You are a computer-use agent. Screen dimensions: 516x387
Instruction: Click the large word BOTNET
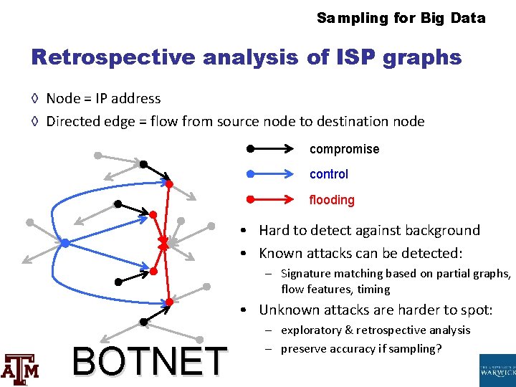coord(149,360)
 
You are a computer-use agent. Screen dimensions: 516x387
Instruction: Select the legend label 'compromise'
coord(344,150)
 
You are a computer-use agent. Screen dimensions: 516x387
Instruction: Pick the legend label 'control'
coord(328,174)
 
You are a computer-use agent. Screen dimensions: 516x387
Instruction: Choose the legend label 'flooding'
coord(331,200)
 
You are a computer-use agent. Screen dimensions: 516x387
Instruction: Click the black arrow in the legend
coord(271,150)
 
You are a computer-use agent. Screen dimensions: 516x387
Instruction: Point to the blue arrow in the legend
coord(271,174)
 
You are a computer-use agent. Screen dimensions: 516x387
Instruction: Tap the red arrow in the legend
coord(271,199)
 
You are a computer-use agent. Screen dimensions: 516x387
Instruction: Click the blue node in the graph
coord(64,244)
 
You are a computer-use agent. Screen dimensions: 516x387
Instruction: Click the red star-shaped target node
coord(163,245)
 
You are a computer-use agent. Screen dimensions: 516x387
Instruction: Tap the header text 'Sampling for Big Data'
coord(401,18)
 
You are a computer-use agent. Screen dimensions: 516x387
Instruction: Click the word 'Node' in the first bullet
coord(62,99)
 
